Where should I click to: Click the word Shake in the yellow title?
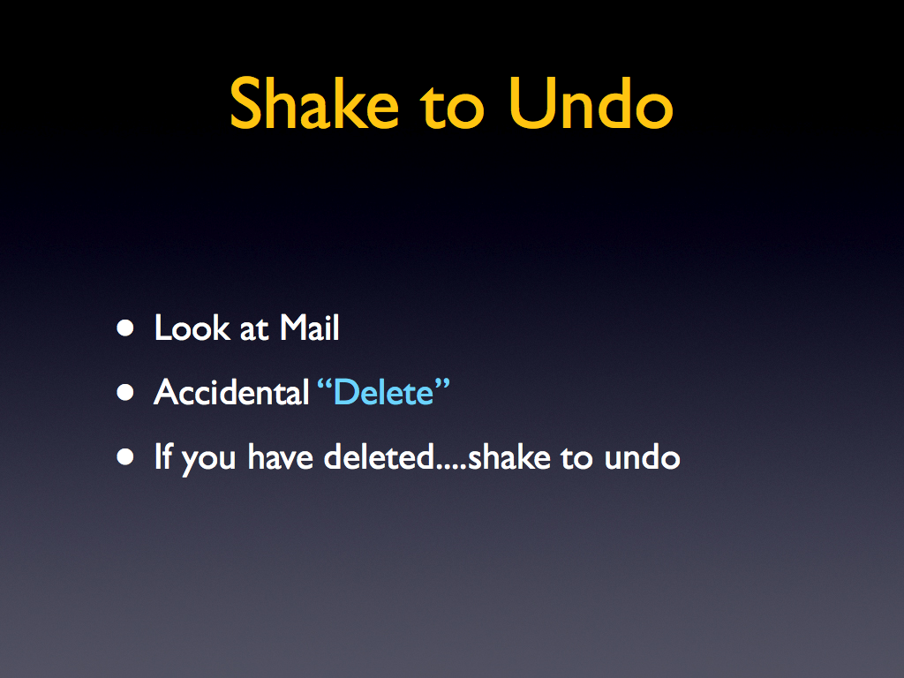coord(314,104)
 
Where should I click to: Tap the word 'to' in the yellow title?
coord(451,108)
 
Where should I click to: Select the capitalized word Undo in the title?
coord(591,104)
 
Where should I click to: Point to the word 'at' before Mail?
coord(254,330)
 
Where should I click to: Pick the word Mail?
coord(310,328)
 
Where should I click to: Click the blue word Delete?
coord(383,393)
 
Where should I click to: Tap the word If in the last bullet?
coord(163,456)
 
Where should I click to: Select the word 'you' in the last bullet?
coord(208,461)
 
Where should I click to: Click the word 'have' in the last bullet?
coord(280,457)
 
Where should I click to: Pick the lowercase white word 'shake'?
coord(509,457)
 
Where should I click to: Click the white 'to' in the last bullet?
coord(576,459)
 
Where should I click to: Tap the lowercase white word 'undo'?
coord(643,457)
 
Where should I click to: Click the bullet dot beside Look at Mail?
coord(125,328)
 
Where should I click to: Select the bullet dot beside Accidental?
coord(125,393)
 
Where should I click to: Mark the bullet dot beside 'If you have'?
coord(125,457)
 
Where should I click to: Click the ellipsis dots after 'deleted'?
coord(451,468)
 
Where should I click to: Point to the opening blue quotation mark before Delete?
coord(325,384)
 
